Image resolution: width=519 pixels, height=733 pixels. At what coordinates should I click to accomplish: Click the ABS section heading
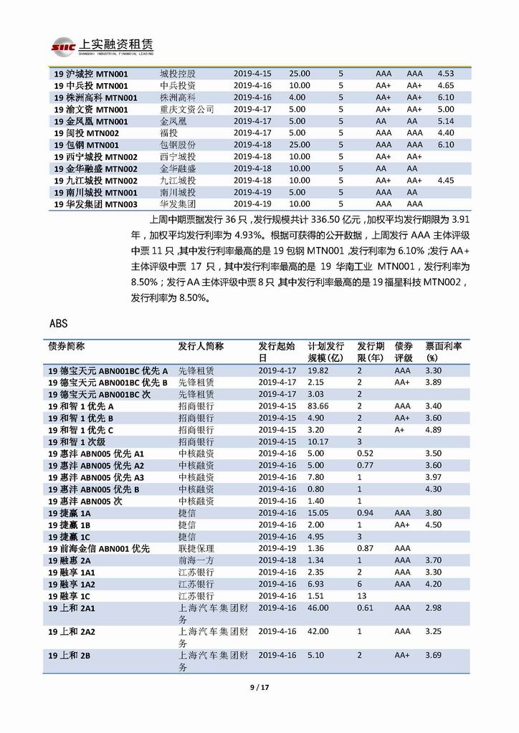point(59,323)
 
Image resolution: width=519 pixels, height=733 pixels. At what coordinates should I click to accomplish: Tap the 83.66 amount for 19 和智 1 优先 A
point(318,406)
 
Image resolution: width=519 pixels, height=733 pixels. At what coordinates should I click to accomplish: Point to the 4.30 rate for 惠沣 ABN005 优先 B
point(433,489)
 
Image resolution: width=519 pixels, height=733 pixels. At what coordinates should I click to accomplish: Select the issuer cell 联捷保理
point(195,549)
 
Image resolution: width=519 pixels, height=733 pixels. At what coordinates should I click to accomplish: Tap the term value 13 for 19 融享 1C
point(362,596)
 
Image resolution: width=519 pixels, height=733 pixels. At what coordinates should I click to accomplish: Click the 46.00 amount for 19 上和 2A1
point(318,608)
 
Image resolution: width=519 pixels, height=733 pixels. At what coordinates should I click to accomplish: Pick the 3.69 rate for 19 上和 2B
point(433,655)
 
